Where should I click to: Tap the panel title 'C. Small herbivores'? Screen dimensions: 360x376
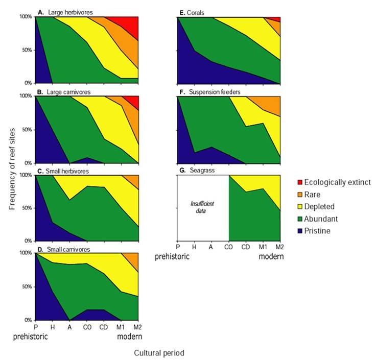[65, 171]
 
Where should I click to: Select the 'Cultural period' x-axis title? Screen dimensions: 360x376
[159, 353]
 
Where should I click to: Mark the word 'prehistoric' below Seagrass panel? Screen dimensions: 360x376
[173, 257]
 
